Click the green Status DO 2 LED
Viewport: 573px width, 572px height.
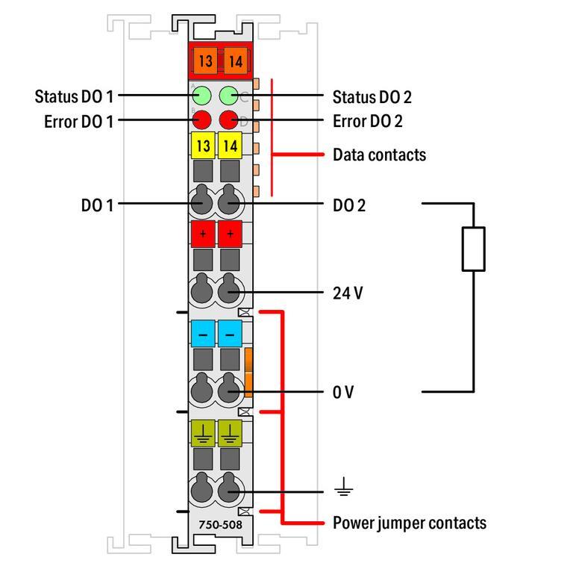pos(229,96)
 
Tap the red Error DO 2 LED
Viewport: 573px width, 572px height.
pos(229,119)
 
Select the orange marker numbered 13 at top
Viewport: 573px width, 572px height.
pos(204,60)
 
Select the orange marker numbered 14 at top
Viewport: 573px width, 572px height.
pos(234,60)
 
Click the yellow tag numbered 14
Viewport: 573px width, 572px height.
pos(230,146)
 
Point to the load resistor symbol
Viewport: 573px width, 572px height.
pos(473,249)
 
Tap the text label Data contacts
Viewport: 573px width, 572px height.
pos(379,155)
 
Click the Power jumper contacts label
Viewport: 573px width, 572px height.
pos(409,523)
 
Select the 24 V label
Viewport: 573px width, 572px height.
pos(348,293)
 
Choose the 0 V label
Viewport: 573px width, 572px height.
pos(343,391)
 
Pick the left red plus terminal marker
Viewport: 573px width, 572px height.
pos(203,234)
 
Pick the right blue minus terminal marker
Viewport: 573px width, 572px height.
pos(230,333)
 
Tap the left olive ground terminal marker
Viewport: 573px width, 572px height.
pos(203,432)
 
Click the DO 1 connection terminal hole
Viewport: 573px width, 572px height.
pos(202,202)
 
